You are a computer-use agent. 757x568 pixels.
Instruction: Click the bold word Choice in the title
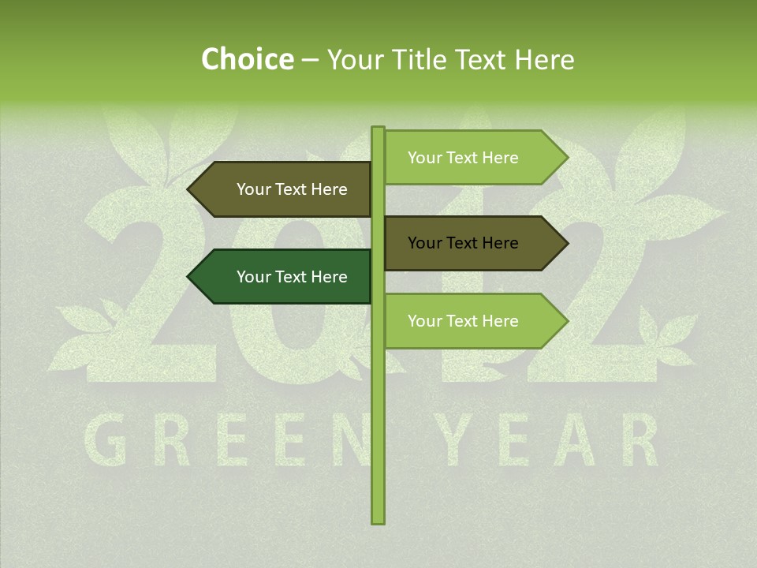(x=247, y=59)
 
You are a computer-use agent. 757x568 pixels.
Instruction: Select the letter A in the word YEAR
(x=577, y=441)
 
